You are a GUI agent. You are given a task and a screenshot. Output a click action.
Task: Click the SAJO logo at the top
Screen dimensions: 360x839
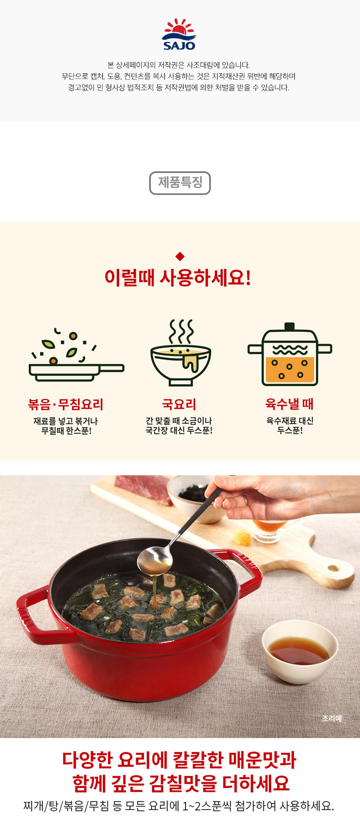click(x=179, y=34)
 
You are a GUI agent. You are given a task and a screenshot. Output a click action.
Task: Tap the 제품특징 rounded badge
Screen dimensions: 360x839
click(x=180, y=183)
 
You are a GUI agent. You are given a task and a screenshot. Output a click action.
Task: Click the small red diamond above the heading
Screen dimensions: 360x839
click(x=180, y=256)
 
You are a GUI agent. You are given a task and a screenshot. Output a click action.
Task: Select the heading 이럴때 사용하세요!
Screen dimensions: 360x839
click(x=178, y=278)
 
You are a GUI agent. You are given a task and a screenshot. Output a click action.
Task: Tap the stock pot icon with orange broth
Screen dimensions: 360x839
click(x=290, y=354)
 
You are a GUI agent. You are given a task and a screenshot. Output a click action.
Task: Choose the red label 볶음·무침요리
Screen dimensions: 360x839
click(x=66, y=404)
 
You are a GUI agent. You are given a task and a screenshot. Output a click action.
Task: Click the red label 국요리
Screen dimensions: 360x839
click(x=179, y=404)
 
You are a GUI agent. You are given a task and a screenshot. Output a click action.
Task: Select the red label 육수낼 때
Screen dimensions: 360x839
click(x=289, y=404)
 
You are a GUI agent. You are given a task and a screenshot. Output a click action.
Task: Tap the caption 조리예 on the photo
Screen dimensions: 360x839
click(x=332, y=718)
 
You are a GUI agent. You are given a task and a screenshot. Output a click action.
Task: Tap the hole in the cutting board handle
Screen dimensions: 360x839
click(x=334, y=568)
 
